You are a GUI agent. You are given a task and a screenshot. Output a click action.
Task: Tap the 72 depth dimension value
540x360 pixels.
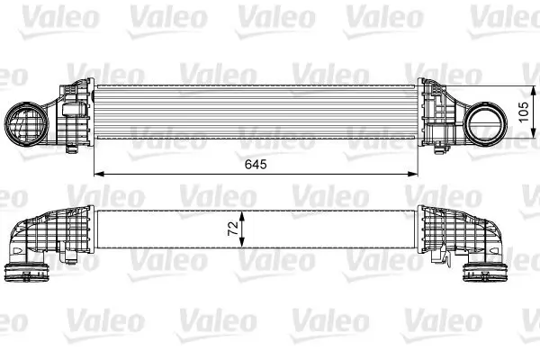231,229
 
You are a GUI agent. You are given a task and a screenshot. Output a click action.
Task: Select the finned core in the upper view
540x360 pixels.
256,110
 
